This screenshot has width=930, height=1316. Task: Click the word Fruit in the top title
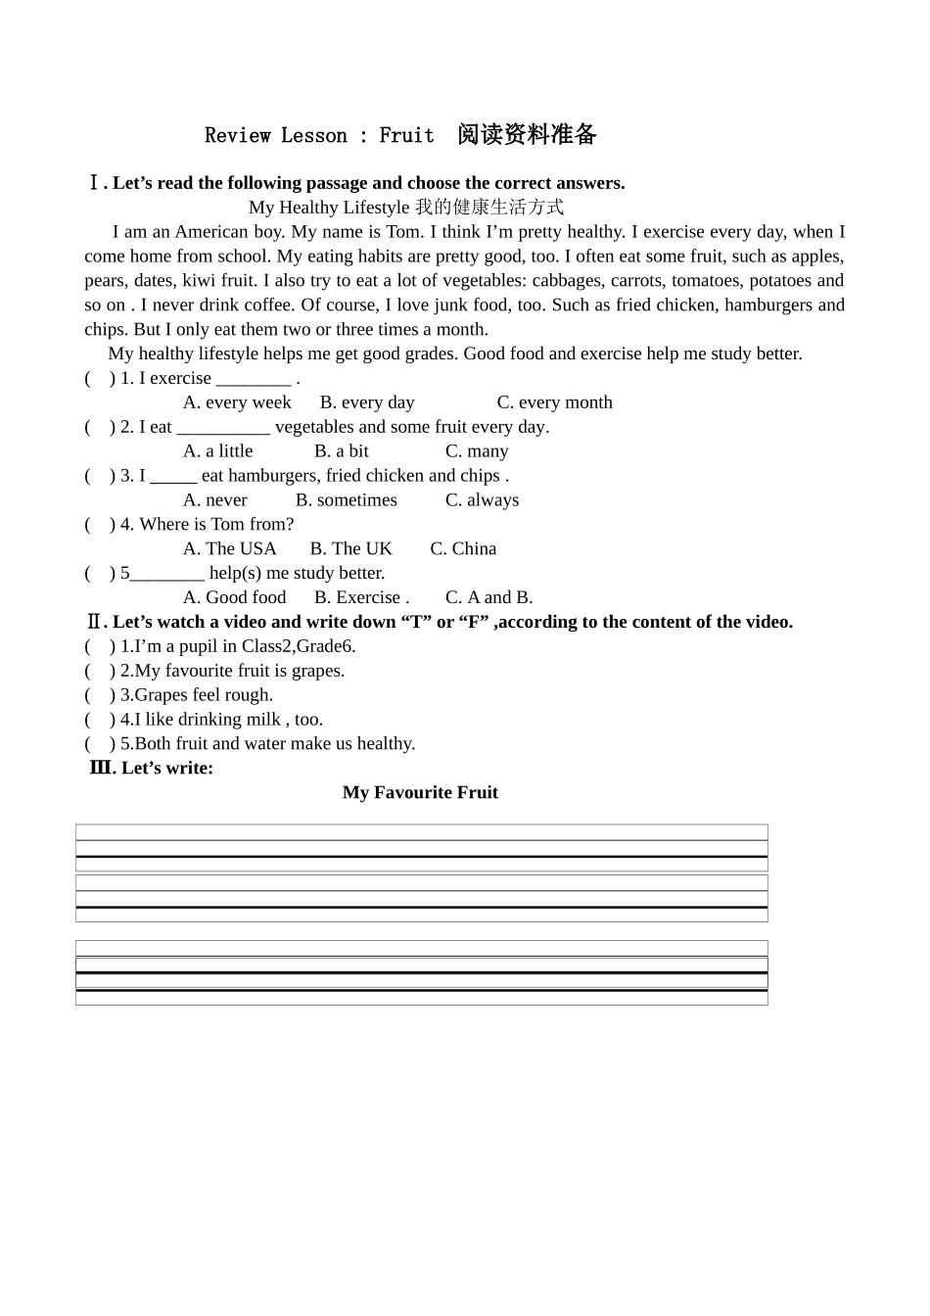(406, 135)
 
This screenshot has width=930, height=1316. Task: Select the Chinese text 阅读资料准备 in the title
(527, 134)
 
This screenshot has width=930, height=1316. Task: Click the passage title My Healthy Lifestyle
(329, 208)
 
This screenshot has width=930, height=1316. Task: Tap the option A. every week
(237, 402)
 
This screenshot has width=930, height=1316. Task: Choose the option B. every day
(367, 402)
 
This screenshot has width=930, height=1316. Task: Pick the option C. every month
(554, 402)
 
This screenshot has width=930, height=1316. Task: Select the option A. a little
(217, 451)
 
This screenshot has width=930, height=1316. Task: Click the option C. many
(477, 451)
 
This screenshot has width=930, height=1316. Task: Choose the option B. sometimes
(347, 500)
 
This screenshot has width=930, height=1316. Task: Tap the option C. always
(482, 500)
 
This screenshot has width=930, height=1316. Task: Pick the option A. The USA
(230, 549)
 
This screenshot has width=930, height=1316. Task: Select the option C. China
(463, 549)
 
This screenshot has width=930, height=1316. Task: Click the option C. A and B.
(488, 597)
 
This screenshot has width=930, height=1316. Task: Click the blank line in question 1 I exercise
(253, 379)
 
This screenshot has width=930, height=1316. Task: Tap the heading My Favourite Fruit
(420, 793)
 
